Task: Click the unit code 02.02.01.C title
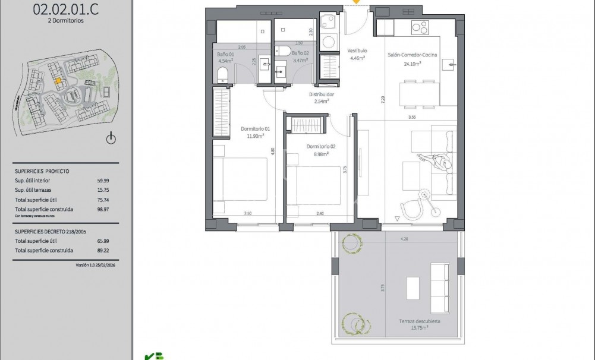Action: [x=58, y=8]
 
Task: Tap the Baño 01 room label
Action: [x=226, y=54]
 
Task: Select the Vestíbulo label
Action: [x=357, y=51]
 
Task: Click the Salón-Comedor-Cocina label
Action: [x=413, y=55]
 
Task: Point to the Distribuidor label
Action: [x=321, y=94]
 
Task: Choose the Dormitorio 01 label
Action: [x=255, y=129]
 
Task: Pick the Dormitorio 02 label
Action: [x=321, y=147]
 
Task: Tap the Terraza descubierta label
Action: [x=420, y=321]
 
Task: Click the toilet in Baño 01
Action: [x=222, y=74]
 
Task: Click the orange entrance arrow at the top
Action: [x=357, y=2]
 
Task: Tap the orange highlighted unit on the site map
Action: [x=58, y=82]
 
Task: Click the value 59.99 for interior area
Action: [x=103, y=180]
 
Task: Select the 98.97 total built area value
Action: [x=103, y=209]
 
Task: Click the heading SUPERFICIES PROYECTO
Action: [x=42, y=170]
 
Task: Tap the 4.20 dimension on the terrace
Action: [x=405, y=239]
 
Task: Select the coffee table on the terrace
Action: [x=413, y=289]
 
